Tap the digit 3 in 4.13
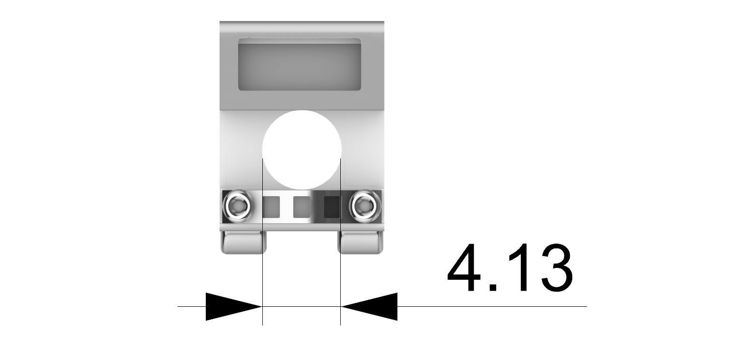(x=552, y=268)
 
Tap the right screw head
(x=365, y=206)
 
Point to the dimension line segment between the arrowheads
(x=301, y=307)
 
